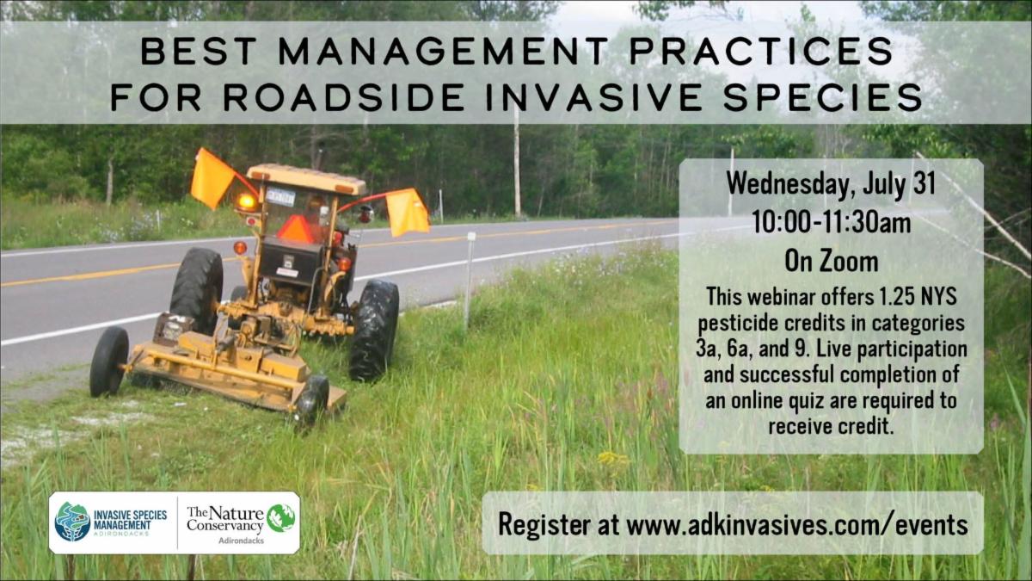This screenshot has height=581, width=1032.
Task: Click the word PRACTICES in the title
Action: pos(761,51)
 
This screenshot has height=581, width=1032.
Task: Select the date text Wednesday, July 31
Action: pos(831,184)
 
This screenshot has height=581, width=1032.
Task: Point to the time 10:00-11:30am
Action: pos(832,223)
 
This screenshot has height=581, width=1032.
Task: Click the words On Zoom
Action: pos(832,262)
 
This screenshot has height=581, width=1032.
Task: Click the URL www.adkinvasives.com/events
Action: pos(797,524)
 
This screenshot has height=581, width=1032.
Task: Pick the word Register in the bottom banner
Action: pos(544,525)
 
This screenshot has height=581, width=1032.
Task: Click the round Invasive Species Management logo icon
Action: pos(72,522)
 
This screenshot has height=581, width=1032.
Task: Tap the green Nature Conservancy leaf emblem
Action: pos(280,518)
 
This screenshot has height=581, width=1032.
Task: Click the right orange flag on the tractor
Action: pos(408,212)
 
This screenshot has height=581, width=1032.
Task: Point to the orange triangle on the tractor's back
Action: pos(296,228)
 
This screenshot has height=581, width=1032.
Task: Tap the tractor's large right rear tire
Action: pos(374,331)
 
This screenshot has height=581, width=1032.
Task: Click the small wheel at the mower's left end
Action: pos(108,362)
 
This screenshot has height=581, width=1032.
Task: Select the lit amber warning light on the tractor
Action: pos(247,202)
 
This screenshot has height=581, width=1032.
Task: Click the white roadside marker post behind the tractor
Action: pos(470,280)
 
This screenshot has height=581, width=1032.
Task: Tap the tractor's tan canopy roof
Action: pos(306,177)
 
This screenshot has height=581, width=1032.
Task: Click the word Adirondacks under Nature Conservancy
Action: pos(241,541)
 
